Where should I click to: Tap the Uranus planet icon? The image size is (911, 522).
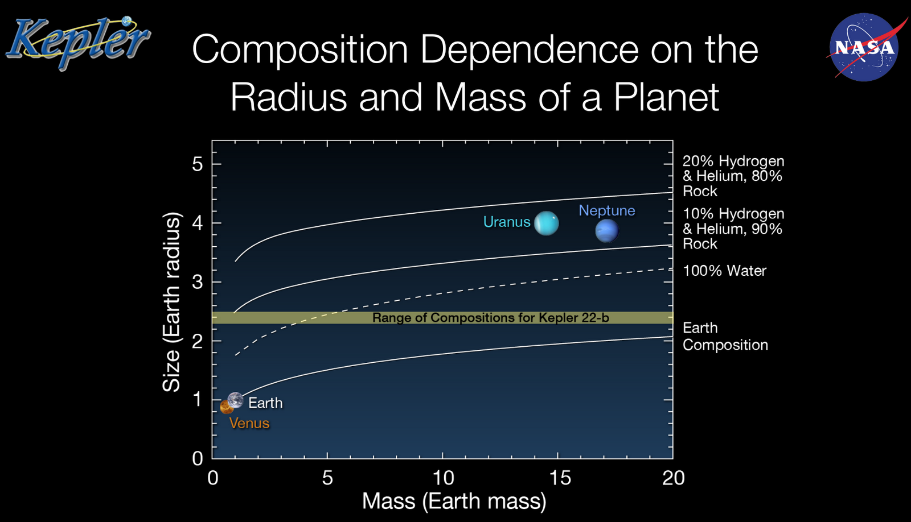point(547,223)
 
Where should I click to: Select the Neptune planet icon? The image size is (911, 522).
point(606,231)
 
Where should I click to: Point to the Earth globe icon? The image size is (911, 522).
point(235,400)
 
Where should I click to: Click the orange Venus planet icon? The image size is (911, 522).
point(226,407)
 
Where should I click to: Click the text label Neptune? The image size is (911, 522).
point(606,210)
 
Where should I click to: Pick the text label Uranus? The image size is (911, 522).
point(507,222)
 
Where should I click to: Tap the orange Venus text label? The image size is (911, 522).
point(249,423)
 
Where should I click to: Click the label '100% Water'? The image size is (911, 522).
point(724,271)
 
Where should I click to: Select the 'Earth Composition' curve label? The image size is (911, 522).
point(725,336)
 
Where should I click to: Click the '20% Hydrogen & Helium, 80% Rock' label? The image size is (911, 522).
point(733,176)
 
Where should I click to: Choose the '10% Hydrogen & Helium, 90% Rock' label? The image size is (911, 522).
point(733,229)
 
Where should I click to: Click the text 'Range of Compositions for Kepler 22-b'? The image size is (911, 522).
point(490,317)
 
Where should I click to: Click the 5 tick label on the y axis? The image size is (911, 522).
point(197,164)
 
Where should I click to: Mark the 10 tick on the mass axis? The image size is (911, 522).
point(443,478)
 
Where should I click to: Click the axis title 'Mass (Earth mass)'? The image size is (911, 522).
point(454,501)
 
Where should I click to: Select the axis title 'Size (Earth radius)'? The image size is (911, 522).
point(171,302)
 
